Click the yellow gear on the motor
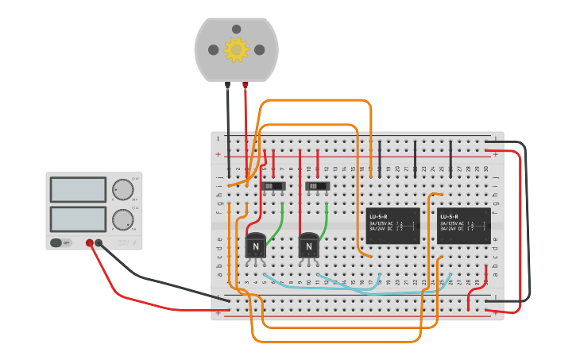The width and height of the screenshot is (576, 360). (x=236, y=49)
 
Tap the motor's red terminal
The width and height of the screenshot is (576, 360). (x=245, y=84)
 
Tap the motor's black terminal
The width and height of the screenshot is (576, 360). (x=227, y=84)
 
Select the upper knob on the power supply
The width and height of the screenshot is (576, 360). (x=123, y=189)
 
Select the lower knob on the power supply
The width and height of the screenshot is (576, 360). (x=123, y=219)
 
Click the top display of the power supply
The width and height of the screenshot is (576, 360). (x=78, y=189)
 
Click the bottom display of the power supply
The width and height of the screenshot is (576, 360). (x=78, y=219)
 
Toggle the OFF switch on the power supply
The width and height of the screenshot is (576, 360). (x=57, y=242)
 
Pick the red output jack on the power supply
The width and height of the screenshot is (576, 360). (x=90, y=243)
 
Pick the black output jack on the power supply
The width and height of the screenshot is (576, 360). (x=99, y=243)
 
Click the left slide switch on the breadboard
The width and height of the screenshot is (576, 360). (x=273, y=186)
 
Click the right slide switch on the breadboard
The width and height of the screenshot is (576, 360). (x=318, y=186)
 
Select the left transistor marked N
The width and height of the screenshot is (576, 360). (x=256, y=246)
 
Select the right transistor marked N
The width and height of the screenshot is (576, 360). (x=308, y=246)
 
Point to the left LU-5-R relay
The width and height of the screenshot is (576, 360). (x=393, y=226)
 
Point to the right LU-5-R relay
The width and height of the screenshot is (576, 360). (x=464, y=226)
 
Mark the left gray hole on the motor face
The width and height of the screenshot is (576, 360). (x=214, y=49)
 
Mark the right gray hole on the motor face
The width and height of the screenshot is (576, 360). (x=259, y=49)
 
